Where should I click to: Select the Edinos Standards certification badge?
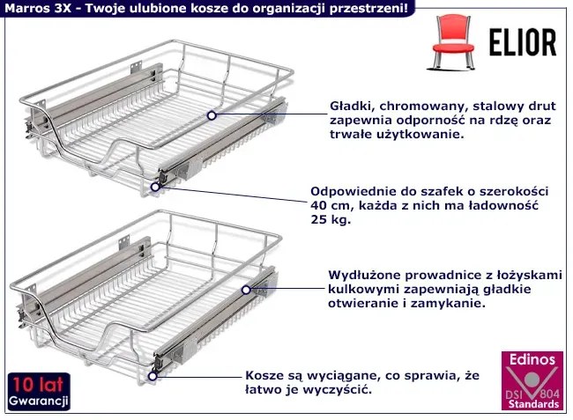[x=531, y=381]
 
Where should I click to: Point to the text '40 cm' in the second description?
[x=330, y=205]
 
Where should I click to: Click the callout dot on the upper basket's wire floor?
[x=211, y=114]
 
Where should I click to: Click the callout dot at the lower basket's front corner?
[x=153, y=375]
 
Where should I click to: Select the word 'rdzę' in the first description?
[x=509, y=119]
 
